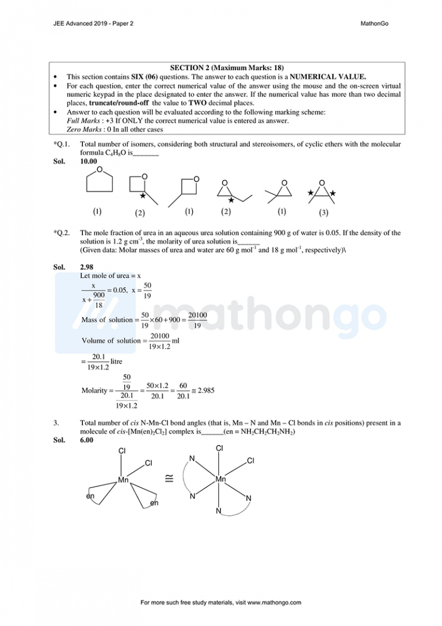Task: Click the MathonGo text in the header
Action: click(x=375, y=24)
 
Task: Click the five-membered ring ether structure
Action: click(x=99, y=181)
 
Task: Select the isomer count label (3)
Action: click(x=323, y=213)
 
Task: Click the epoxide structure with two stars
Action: click(x=321, y=190)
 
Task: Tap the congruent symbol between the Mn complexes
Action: click(x=169, y=477)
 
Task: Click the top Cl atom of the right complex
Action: click(x=220, y=448)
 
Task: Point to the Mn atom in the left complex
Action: click(x=123, y=479)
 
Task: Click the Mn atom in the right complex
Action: click(x=220, y=479)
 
